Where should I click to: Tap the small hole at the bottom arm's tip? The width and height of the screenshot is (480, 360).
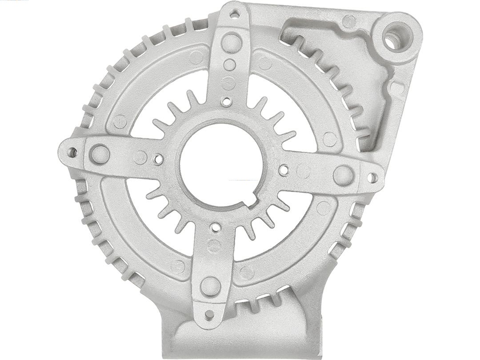click(209, 315)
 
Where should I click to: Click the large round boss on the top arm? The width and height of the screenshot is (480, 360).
click(231, 43)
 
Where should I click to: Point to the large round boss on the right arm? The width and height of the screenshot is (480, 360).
click(344, 176)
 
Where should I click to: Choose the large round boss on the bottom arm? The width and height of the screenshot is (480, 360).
click(210, 286)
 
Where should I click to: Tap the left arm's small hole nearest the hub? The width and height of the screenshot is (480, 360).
click(158, 158)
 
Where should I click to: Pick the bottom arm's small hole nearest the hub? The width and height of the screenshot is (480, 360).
click(216, 228)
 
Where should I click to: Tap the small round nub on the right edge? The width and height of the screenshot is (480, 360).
click(398, 88)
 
